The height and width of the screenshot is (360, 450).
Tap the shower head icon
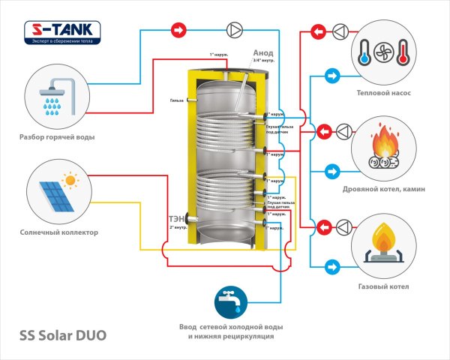pyautogui.click(x=53, y=96)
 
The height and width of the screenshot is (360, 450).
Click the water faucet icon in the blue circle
pyautogui.click(x=231, y=300)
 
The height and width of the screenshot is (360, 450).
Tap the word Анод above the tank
pyautogui.click(x=262, y=53)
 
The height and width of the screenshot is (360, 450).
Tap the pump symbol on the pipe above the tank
pyautogui.click(x=235, y=31)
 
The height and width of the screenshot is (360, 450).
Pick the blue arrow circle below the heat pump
pyautogui.click(x=331, y=75)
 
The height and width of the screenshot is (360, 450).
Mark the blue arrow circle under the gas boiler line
pyautogui.click(x=331, y=266)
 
